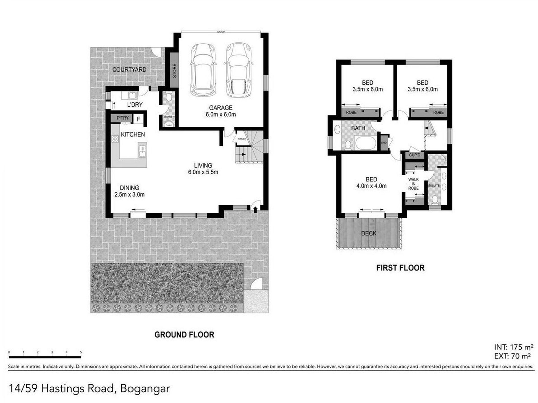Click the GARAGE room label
[x=221, y=108]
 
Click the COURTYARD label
[x=129, y=70]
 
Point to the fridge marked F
[x=138, y=119]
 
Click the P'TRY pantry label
[x=123, y=118]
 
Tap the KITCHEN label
[x=133, y=134]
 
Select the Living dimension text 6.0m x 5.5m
[x=203, y=172]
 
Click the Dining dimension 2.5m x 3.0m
[x=129, y=195]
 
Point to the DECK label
[x=369, y=233]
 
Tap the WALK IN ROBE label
[x=413, y=184]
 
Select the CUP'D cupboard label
[x=415, y=155]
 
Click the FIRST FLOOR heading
[x=400, y=268]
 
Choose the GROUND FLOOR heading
[x=184, y=335]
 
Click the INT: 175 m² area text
[x=514, y=347]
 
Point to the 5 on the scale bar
[x=81, y=352]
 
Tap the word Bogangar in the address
[x=145, y=389]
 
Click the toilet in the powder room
[x=168, y=97]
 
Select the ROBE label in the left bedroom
[x=351, y=113]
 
